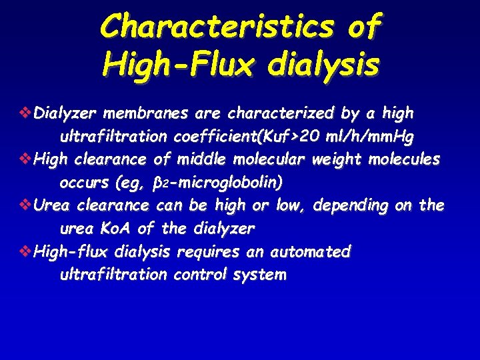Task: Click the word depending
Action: pyautogui.click(x=350, y=206)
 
